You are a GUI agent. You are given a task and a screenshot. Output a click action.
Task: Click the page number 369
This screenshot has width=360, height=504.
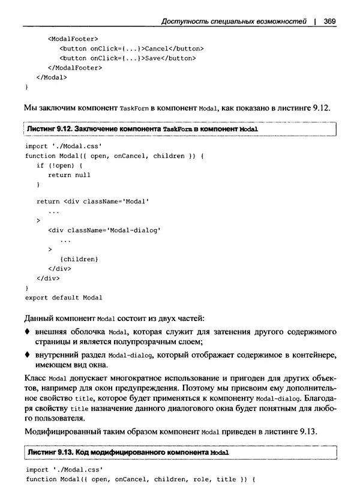328,22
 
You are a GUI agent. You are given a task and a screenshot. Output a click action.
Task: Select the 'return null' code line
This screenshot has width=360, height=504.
70,175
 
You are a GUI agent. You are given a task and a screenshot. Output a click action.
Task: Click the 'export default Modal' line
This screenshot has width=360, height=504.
64,298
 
